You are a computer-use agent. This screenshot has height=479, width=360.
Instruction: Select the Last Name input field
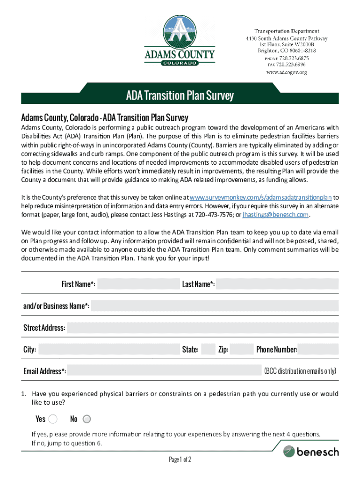(x=277, y=284)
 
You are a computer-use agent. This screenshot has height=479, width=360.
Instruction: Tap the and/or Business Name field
(x=215, y=306)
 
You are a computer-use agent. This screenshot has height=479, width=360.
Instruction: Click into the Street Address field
(x=202, y=327)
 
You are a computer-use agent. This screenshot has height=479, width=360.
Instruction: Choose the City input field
(x=108, y=349)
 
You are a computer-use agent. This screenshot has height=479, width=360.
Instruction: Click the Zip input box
(x=242, y=349)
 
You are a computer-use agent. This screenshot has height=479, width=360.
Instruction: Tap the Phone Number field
(x=318, y=349)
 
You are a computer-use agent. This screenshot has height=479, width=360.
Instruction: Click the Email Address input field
(x=165, y=371)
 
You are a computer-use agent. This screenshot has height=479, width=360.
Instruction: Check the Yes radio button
(x=53, y=419)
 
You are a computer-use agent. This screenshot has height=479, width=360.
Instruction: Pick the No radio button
(x=87, y=419)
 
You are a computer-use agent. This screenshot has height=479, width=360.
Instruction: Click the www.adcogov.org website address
(x=286, y=73)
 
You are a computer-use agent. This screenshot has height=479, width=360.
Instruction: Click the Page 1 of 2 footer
(x=180, y=459)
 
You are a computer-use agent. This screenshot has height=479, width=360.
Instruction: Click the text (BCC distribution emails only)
(x=300, y=371)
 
